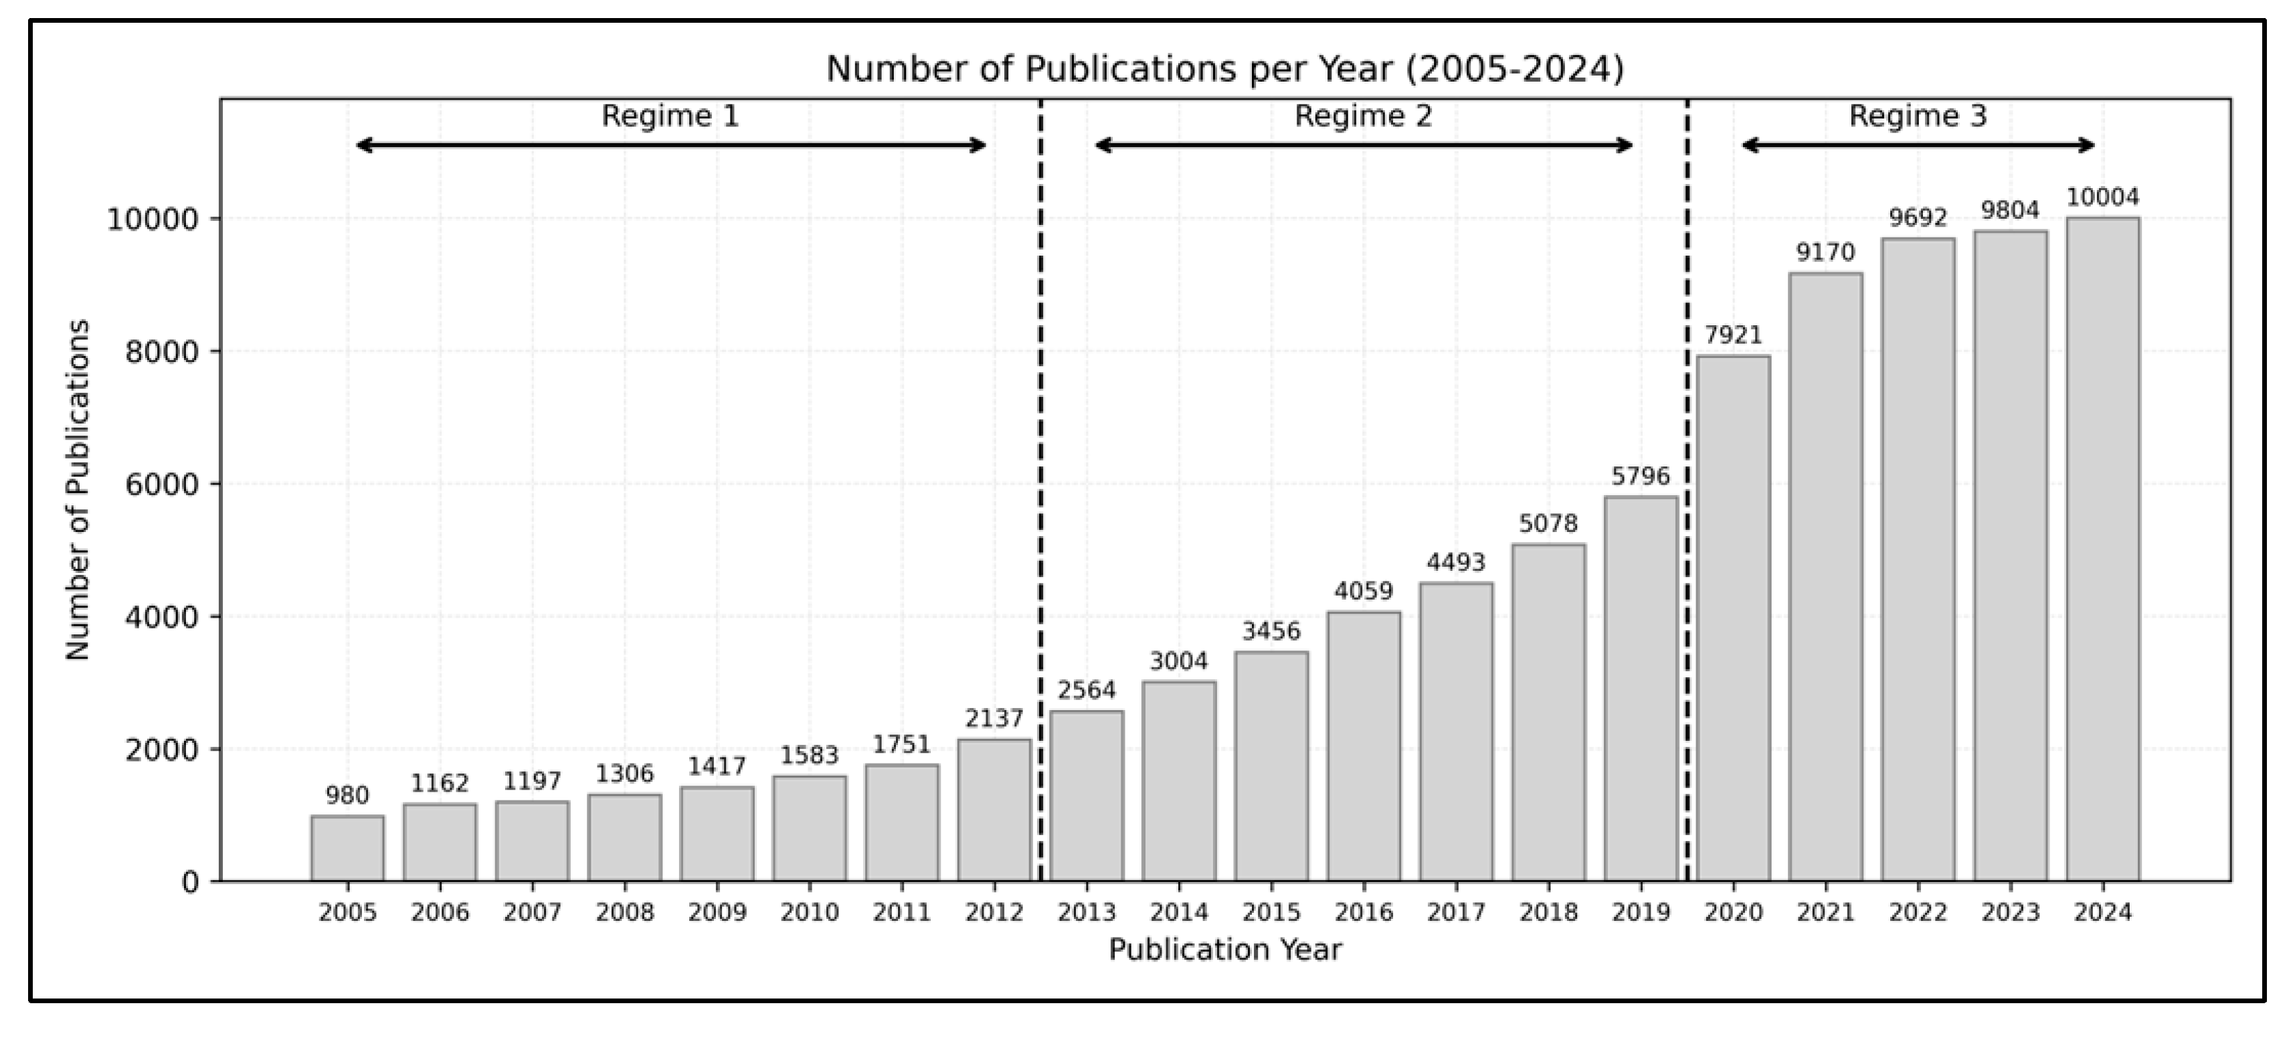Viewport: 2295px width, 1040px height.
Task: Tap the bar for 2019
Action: pos(1640,688)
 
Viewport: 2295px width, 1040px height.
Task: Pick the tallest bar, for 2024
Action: pos(2102,549)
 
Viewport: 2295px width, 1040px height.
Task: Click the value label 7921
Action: pos(1733,335)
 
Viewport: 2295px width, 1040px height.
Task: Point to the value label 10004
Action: pos(2102,197)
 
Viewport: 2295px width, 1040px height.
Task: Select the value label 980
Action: pos(347,795)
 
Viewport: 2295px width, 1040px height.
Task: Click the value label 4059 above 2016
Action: pos(1363,591)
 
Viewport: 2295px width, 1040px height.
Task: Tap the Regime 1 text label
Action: pos(670,116)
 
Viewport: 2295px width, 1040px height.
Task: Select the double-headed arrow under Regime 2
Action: pos(1363,145)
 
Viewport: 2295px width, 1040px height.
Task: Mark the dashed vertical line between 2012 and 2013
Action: pos(1040,490)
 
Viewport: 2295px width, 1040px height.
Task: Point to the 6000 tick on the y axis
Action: pos(162,484)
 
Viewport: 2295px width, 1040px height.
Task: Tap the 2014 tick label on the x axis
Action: pos(1179,913)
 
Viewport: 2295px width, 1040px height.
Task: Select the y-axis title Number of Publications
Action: pos(78,490)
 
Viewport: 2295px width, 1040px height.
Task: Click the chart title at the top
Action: pos(1225,69)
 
